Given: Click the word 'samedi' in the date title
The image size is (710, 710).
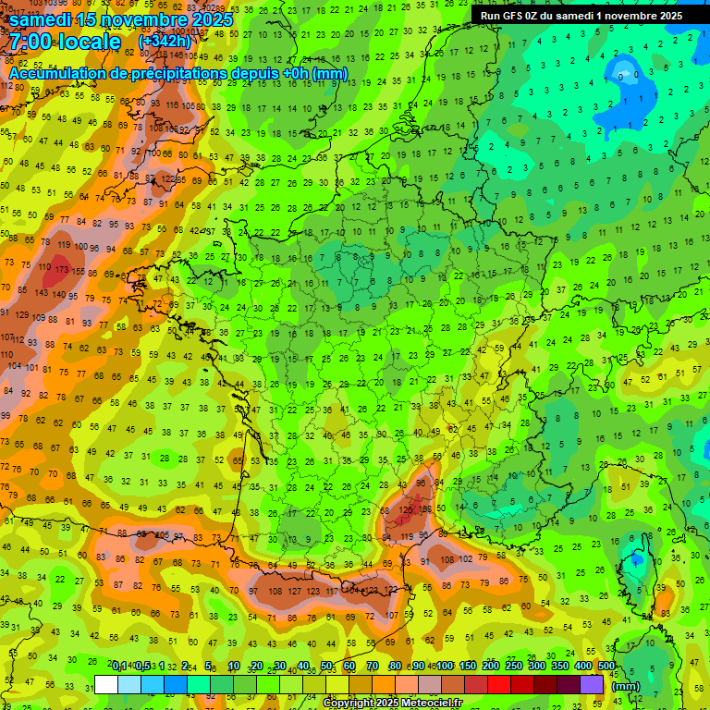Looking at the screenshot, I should point(44,18).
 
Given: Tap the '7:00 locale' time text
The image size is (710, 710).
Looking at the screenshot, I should point(65,42).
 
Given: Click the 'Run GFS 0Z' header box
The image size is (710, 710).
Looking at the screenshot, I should point(581,15).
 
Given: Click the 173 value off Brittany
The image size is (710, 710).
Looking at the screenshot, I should point(62,269).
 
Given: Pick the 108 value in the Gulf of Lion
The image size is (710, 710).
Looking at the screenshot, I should point(447,558).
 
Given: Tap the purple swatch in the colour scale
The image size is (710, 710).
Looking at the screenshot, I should point(592,684).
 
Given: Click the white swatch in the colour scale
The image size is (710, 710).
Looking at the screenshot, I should point(106,684).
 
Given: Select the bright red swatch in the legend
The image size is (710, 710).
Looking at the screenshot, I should point(497,684).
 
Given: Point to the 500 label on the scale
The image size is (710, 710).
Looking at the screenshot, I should point(606,667).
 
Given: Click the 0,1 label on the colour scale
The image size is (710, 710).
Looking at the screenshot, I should point(118,667).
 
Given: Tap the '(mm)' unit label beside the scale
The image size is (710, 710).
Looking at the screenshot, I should point(626,686).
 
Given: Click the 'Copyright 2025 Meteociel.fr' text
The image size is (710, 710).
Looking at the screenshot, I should point(393,704).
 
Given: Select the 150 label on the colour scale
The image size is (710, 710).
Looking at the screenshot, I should point(468,667).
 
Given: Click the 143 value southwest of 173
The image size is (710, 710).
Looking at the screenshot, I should point(43,293).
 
